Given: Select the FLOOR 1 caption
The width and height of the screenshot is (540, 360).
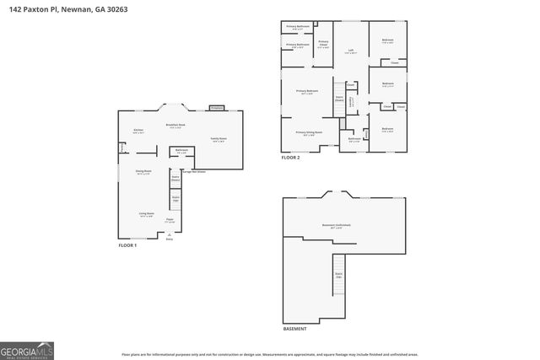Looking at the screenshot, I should [127, 245].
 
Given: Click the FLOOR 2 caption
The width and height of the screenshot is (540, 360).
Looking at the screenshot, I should [290, 158].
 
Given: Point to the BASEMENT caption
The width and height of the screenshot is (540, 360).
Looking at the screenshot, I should [294, 329].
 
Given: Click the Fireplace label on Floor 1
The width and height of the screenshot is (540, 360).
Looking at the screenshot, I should [216, 108].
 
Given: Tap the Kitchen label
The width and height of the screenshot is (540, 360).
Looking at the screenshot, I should [138, 130].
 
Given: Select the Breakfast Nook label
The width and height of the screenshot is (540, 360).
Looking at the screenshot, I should [175, 125].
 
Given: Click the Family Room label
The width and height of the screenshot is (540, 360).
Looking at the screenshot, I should [218, 139].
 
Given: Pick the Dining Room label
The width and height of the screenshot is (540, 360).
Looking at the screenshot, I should [143, 173].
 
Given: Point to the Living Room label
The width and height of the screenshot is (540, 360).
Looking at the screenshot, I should [146, 213].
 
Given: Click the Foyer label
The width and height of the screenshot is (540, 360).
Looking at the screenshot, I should [170, 219].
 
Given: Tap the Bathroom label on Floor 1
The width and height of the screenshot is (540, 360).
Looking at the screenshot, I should [181, 151].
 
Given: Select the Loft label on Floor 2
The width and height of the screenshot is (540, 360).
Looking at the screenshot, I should [350, 51].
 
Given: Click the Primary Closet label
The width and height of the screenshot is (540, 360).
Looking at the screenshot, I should [322, 43].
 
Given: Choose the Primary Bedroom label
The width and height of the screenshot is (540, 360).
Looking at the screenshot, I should [306, 91].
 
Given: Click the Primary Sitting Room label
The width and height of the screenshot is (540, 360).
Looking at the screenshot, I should [306, 132].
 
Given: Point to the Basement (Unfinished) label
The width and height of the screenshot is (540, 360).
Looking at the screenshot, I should [337, 225].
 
